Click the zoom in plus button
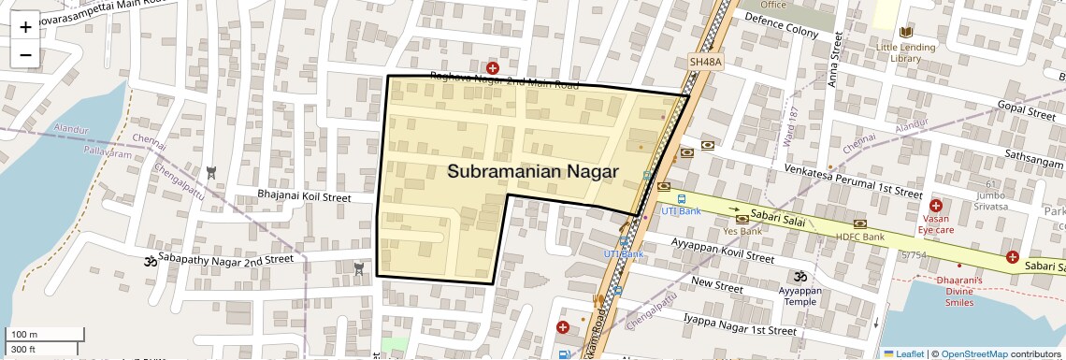(25, 27)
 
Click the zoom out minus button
(25, 55)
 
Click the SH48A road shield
(706, 62)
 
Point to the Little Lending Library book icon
(905, 32)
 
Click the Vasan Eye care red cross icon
(935, 205)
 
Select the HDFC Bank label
(859, 237)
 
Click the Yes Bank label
(742, 231)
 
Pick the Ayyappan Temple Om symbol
(799, 276)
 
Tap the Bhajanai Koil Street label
(304, 197)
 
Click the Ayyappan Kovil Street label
(711, 251)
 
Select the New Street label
(716, 281)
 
